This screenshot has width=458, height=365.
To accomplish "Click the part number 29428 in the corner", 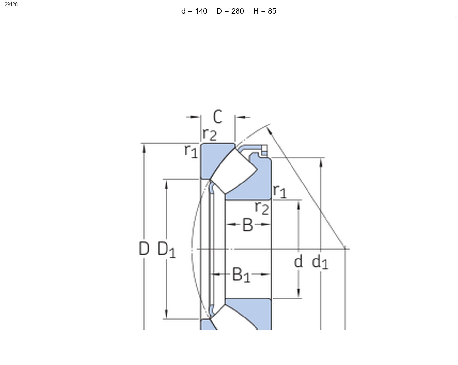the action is (11, 4).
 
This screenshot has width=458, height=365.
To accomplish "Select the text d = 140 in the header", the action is (194, 11).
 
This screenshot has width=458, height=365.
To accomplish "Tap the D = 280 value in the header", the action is (230, 11).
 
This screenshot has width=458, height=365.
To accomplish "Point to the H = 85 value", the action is (265, 11).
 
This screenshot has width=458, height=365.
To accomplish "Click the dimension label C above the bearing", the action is (218, 117).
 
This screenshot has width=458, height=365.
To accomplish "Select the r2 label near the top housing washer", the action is (210, 134).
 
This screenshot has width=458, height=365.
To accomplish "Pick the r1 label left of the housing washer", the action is (191, 151).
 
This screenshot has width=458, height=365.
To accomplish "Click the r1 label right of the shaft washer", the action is (280, 191).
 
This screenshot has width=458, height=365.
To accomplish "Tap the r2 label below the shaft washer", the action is (262, 208).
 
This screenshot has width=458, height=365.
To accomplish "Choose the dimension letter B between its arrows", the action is (248, 225).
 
